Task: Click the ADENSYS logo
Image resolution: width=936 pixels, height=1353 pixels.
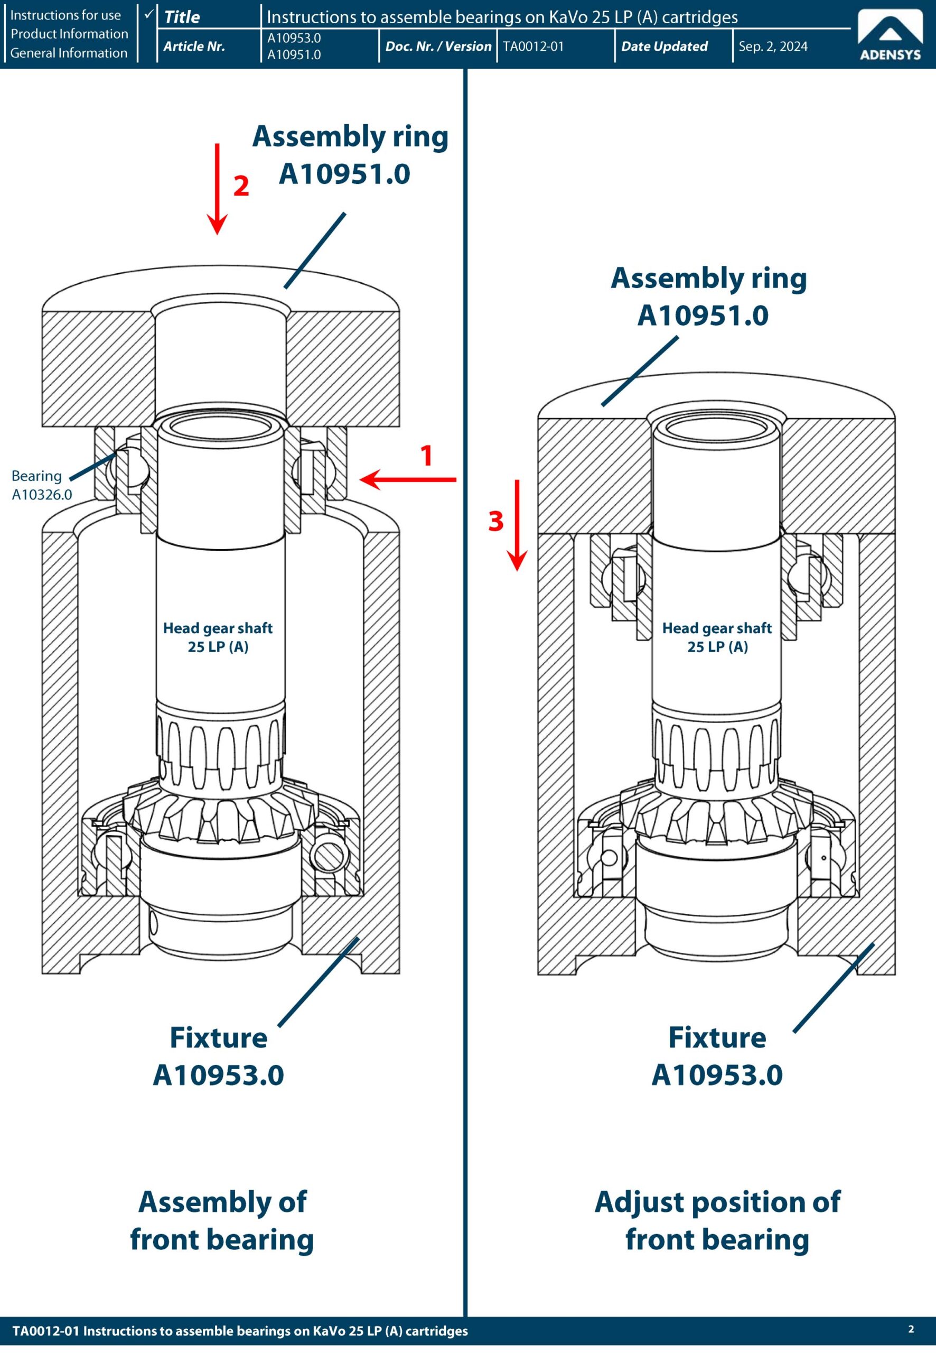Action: click(x=890, y=36)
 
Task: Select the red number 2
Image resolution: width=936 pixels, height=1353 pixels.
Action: click(x=241, y=186)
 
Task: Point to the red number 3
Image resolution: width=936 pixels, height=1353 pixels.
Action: click(x=495, y=521)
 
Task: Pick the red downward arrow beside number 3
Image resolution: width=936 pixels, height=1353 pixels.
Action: click(x=517, y=525)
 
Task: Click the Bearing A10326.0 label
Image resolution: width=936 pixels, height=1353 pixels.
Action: click(x=41, y=485)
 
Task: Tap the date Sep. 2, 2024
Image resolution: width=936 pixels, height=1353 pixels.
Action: click(x=772, y=47)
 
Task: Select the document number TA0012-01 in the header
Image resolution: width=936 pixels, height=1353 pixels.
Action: click(x=532, y=47)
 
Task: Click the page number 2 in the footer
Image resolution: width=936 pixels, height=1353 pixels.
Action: click(x=911, y=1329)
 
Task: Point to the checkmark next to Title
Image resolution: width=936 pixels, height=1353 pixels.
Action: click(x=148, y=13)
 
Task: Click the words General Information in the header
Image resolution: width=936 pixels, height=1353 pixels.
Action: click(x=69, y=53)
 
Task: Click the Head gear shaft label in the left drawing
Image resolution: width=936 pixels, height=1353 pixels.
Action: click(x=218, y=637)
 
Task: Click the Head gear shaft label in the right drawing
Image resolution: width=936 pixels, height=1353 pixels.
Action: click(x=717, y=637)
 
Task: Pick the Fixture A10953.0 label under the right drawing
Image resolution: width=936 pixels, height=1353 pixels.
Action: click(x=717, y=1056)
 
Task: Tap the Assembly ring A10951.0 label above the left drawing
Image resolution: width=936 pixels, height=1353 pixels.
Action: click(x=350, y=155)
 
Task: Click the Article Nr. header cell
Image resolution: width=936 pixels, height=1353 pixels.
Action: click(x=194, y=47)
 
